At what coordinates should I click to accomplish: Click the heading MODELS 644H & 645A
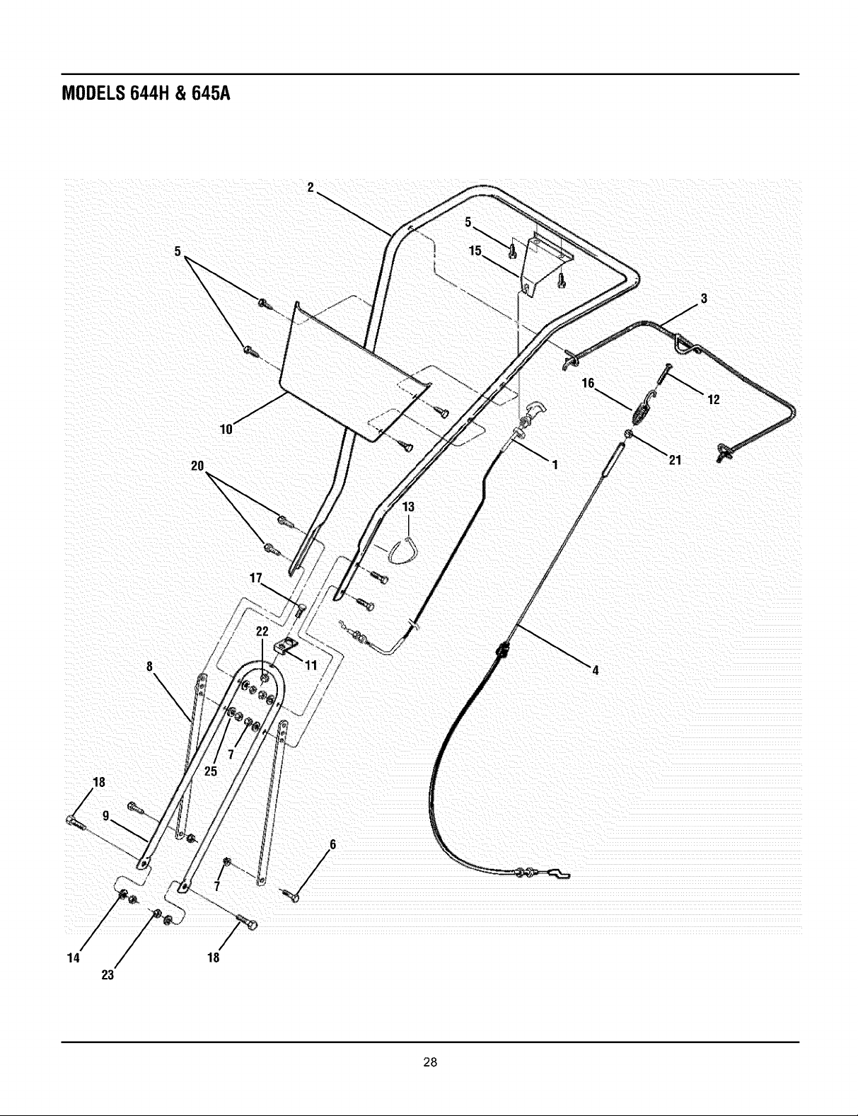click(x=146, y=93)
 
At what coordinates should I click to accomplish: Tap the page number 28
click(x=430, y=1062)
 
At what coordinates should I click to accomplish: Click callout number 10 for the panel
click(x=226, y=429)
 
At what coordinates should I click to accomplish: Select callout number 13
click(x=408, y=507)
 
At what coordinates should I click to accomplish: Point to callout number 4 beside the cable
click(x=596, y=669)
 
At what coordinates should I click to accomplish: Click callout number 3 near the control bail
click(x=704, y=299)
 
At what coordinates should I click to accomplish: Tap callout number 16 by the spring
click(x=588, y=383)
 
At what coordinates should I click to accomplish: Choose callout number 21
click(x=676, y=460)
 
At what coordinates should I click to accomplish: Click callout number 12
click(x=714, y=399)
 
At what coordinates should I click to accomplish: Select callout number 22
click(x=262, y=631)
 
